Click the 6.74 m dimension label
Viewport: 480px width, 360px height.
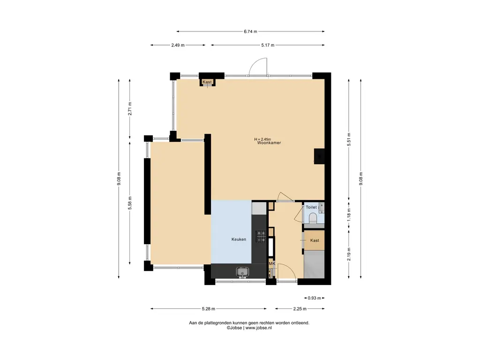point(250,31)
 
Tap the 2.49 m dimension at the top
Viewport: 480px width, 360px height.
point(178,45)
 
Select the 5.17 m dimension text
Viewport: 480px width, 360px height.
point(268,45)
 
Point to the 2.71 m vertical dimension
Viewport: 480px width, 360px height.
point(130,109)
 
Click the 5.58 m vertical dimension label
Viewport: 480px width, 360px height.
point(130,203)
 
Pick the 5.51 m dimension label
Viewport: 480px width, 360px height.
point(349,139)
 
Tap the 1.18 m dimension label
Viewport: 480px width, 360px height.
point(349,215)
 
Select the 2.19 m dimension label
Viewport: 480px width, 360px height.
point(349,254)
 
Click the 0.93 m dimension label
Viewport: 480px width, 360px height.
point(315,298)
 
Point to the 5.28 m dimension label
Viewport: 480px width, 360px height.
point(209,308)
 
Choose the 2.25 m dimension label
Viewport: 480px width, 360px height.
point(300,308)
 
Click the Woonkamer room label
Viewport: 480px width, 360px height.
point(269,142)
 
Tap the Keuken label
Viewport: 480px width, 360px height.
point(239,240)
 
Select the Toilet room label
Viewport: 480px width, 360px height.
point(311,207)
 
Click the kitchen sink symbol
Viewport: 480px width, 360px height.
point(242,271)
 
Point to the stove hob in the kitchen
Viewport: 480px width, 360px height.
point(261,236)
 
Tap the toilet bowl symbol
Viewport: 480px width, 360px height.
point(313,218)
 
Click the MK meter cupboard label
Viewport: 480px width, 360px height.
point(272,263)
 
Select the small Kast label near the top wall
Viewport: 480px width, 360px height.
point(207,82)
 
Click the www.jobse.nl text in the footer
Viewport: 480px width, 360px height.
point(258,328)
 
